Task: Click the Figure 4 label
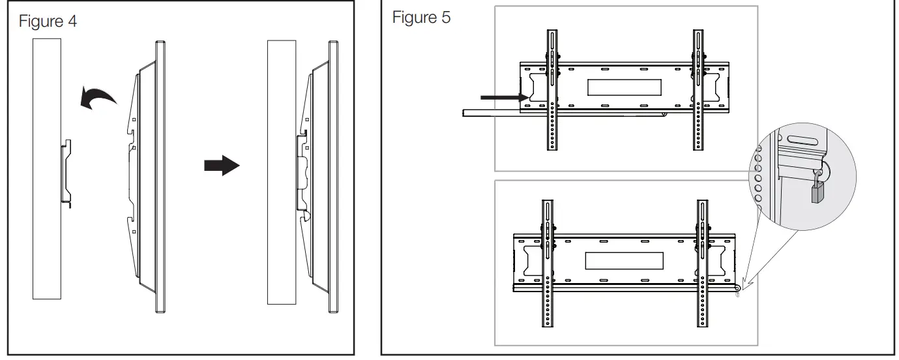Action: [x=48, y=22]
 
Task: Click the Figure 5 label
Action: [x=420, y=18]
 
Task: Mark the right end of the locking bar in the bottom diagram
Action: [x=736, y=288]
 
